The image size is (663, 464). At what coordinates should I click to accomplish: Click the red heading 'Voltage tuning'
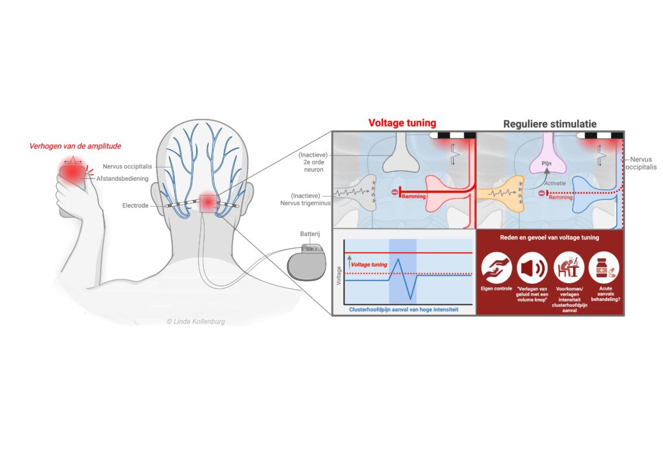401,122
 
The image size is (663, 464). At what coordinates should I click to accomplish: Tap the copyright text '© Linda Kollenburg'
196,321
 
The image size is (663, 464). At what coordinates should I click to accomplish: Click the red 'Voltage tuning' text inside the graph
369,264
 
